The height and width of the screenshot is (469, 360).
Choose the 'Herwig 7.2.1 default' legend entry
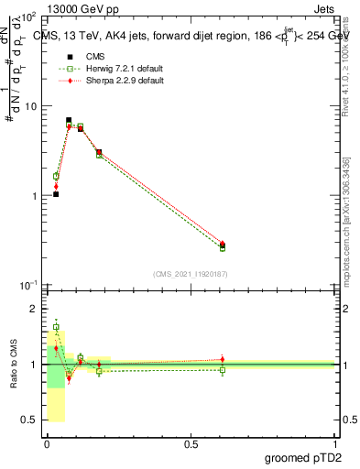111,69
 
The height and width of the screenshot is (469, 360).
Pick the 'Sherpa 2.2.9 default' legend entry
111,81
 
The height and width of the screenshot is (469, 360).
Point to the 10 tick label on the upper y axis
29,106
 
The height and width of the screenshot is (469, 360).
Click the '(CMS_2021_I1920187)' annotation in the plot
191,274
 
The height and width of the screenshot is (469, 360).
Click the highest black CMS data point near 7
69,120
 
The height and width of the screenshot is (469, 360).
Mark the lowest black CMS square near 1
56,194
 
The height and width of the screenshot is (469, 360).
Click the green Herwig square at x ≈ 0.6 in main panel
223,247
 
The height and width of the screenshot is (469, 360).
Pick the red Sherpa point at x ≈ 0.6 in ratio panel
223,359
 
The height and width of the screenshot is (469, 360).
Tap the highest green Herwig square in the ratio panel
56,326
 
